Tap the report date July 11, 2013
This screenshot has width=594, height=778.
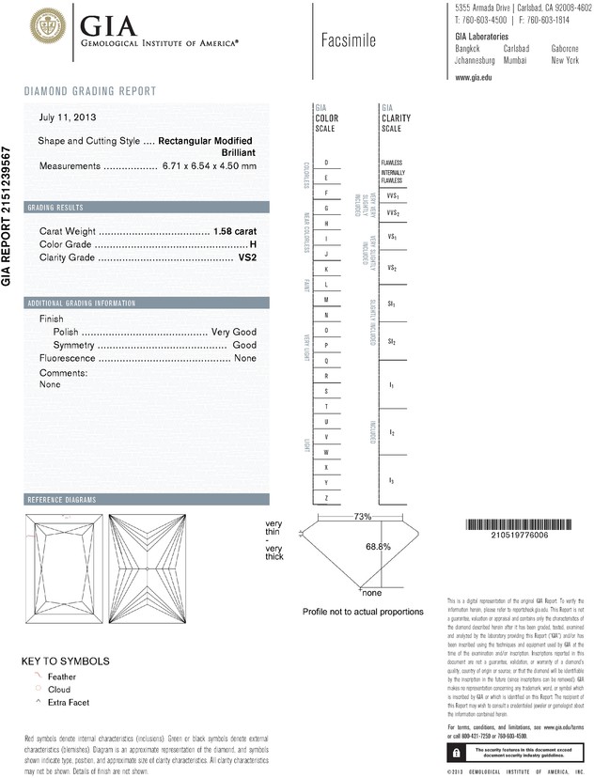tap(68, 118)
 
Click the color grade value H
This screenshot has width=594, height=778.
tap(253, 244)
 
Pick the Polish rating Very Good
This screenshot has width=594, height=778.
tap(234, 333)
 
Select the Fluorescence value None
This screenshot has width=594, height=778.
tap(245, 358)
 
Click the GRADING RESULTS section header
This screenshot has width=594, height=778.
tap(56, 207)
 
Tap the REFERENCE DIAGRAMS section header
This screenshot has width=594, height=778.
tap(62, 499)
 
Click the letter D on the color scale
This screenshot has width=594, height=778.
tap(326, 163)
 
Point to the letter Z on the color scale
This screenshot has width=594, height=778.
tap(326, 497)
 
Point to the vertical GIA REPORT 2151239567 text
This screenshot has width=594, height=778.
tap(8, 216)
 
